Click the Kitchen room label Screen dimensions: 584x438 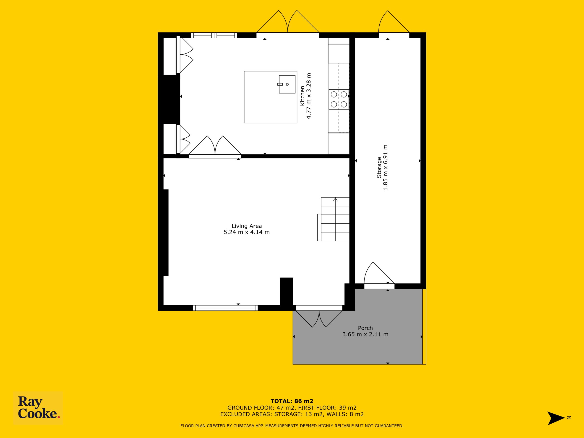(302, 96)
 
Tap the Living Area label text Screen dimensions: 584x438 (247, 226)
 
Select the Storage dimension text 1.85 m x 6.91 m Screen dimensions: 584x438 (386, 167)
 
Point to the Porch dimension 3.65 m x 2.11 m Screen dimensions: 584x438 (365, 334)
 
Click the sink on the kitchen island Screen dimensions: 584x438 (287, 84)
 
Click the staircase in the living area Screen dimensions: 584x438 (334, 219)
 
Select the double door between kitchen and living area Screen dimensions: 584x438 (215, 147)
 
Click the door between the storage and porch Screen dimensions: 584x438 (379, 275)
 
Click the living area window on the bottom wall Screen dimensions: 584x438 (225, 308)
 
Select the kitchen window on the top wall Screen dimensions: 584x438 (214, 35)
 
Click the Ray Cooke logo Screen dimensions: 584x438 (38, 408)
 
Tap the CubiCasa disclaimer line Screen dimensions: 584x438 (292, 426)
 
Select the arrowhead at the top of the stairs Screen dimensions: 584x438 (335, 199)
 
